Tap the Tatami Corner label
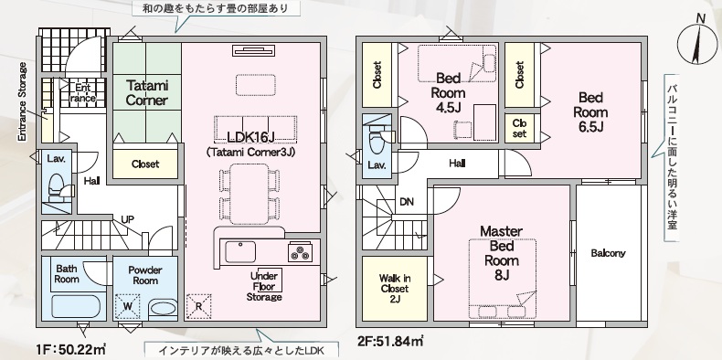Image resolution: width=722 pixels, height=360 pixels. (x=146, y=92)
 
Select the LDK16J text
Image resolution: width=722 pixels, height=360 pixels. (x=251, y=137)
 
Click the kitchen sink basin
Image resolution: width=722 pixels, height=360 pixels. (x=239, y=252)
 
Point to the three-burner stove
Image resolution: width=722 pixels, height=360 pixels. (x=300, y=252)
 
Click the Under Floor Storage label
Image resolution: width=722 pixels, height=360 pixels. (x=264, y=286)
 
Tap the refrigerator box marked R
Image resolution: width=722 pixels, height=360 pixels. (x=198, y=306)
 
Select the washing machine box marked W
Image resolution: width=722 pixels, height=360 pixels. (x=128, y=306)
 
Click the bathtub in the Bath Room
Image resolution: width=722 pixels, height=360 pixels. (x=74, y=307)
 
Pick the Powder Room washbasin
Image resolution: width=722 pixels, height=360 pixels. (x=164, y=308)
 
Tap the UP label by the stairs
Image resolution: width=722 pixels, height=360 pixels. (x=128, y=219)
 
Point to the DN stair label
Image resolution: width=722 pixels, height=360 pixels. (x=407, y=202)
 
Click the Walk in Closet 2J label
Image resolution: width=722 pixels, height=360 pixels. (x=394, y=289)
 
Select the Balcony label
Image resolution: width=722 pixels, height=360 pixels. (x=608, y=253)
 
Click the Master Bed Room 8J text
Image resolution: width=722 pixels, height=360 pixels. (x=502, y=253)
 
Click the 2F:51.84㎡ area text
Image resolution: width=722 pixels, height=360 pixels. (x=390, y=341)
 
